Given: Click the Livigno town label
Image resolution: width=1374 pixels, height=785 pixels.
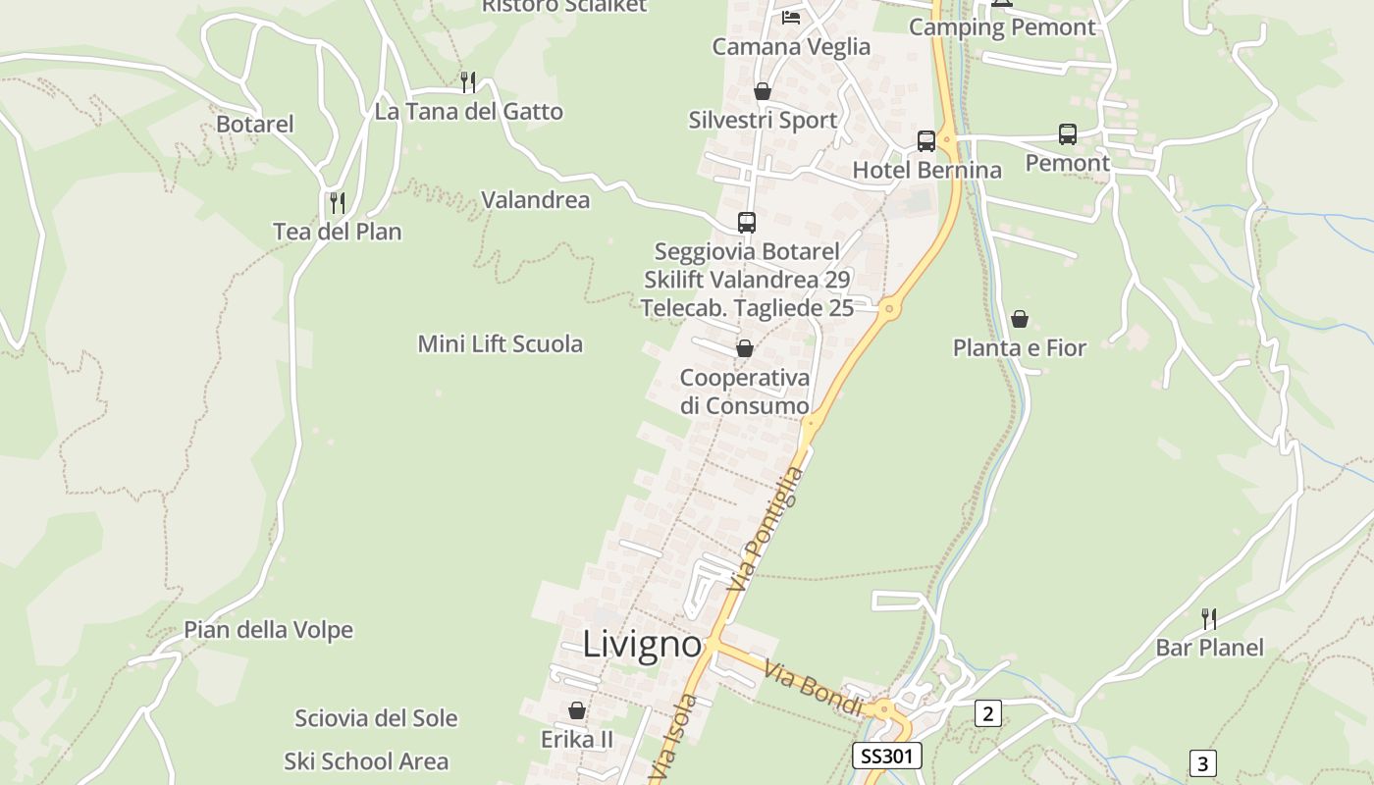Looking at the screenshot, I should point(643,645).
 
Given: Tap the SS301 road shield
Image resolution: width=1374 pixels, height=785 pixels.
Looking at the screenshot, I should point(886,756).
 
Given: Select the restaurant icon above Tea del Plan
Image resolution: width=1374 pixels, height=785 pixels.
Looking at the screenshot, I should point(338,203).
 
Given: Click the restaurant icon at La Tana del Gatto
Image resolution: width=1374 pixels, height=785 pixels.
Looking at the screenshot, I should point(468,82).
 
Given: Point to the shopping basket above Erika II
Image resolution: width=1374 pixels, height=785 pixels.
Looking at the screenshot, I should point(577,709).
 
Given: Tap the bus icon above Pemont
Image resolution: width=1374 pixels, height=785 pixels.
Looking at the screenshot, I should point(1068,134).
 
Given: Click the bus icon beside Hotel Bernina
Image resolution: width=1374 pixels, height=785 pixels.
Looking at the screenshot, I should point(926,140).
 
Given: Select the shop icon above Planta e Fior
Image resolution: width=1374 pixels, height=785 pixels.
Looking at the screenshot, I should point(1020,319).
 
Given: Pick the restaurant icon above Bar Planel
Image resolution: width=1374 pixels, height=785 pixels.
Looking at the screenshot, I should point(1209,619).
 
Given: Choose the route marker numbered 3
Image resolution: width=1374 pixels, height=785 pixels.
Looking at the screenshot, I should point(1203,762).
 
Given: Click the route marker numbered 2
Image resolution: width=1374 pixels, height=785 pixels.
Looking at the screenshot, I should point(987,713).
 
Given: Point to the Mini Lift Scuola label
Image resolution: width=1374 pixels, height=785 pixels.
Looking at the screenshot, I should point(501,344).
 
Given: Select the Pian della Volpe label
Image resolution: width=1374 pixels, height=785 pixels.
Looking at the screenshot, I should point(268,630).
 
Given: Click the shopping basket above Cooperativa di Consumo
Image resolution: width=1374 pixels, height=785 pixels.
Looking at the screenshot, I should point(745,348).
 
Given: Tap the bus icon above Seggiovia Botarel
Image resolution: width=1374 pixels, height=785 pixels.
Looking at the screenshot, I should point(747,223).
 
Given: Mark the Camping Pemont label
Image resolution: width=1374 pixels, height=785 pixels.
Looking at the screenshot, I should point(1002,27).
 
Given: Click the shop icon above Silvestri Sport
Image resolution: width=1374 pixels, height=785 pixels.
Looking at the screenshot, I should point(763,91).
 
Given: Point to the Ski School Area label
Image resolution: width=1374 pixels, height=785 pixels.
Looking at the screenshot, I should point(366,761).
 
